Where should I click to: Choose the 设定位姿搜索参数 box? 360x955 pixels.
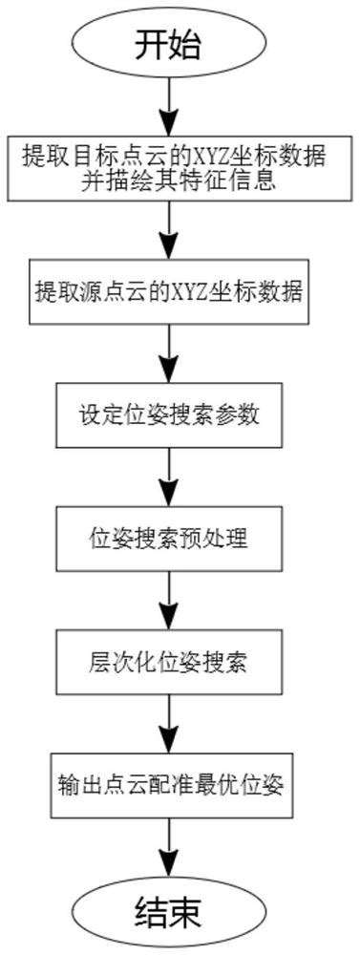(169, 415)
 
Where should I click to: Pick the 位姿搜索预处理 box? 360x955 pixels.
(169, 538)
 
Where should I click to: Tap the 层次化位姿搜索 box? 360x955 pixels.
(169, 660)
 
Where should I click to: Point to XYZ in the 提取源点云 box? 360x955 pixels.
(197, 293)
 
